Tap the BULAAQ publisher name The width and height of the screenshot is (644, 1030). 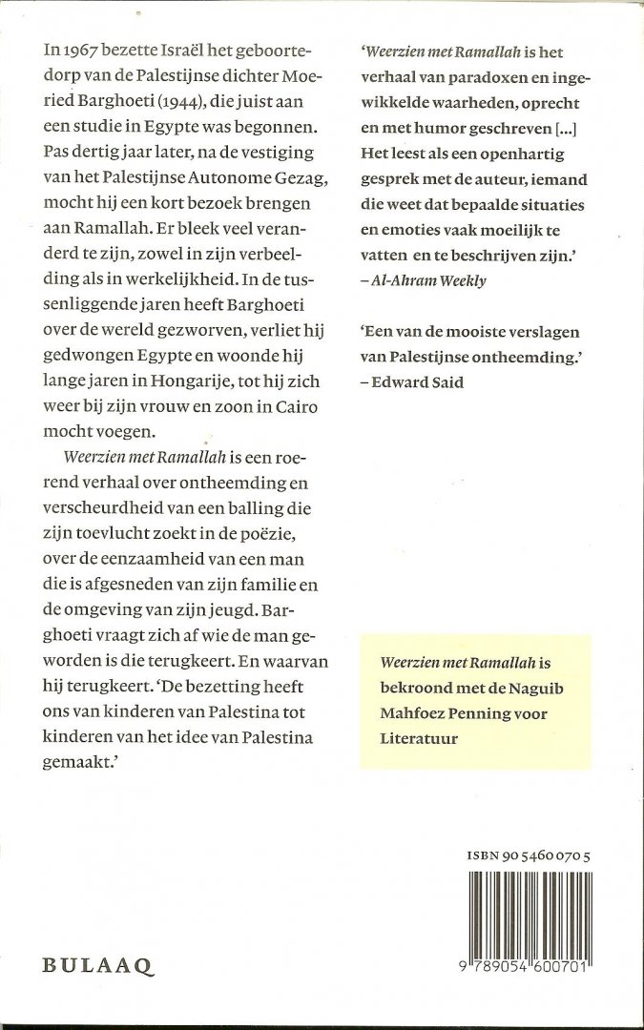[97, 965]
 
